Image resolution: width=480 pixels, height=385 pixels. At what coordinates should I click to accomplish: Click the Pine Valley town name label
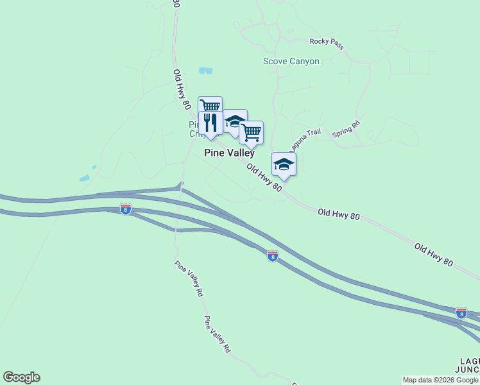tap(229, 153)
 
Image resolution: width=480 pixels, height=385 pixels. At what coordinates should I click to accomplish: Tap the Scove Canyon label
tap(291, 62)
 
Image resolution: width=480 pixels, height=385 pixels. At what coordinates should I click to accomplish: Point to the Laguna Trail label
tap(305, 139)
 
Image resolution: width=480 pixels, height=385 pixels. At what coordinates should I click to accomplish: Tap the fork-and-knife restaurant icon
tap(210, 122)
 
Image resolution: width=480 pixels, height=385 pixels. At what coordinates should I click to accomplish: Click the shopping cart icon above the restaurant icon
tap(210, 106)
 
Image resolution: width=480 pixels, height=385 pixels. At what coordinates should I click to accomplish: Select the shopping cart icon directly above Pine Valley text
tap(251, 132)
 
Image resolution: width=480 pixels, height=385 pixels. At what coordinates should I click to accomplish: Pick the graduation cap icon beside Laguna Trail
tap(284, 164)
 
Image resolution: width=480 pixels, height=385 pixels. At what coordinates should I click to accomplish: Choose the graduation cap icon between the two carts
tap(235, 121)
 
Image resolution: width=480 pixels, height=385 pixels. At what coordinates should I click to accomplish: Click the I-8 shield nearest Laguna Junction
tap(461, 313)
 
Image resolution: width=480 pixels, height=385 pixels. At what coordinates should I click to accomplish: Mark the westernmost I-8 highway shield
tap(126, 209)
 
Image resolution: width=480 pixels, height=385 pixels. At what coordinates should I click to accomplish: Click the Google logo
tap(21, 377)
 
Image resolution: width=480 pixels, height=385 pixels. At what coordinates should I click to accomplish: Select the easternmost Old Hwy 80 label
tap(434, 255)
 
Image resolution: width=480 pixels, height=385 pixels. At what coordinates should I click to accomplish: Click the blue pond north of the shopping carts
tap(205, 71)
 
